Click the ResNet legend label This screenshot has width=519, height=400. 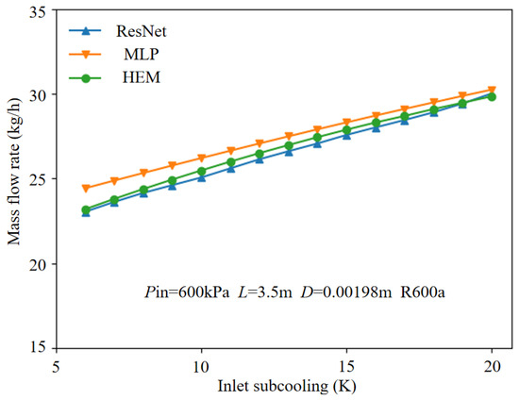tap(141, 31)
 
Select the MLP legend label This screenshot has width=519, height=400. tap(142, 55)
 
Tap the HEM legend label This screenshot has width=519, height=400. tap(142, 77)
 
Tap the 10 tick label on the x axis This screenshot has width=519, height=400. tap(202, 366)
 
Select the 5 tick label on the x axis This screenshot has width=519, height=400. tap(57, 366)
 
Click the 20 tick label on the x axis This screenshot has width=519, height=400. tap(492, 366)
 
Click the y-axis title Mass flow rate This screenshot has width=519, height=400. tap(14, 172)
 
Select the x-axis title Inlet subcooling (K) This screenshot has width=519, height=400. tap(287, 387)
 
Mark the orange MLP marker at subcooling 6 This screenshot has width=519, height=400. tap(86, 189)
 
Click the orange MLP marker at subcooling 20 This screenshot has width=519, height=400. tap(492, 90)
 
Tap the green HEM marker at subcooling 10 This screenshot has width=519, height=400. tap(202, 172)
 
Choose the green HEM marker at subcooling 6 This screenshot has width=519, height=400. tap(86, 209)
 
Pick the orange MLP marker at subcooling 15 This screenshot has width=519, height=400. tap(346, 123)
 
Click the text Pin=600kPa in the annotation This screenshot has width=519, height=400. tap(187, 292)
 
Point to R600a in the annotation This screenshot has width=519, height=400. tap(423, 292)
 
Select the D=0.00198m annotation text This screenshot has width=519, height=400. tap(346, 292)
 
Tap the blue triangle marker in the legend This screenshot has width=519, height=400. tap(85, 31)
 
